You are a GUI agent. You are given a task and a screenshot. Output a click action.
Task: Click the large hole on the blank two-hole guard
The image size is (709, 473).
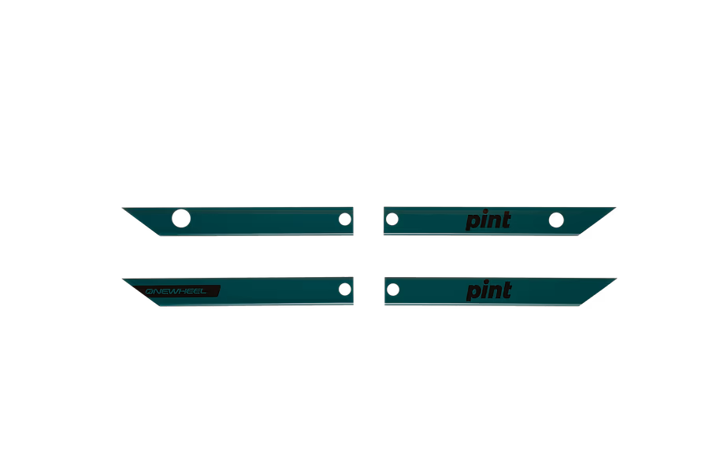(x=181, y=218)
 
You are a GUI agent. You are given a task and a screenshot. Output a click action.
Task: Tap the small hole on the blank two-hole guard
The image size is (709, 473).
(x=345, y=219)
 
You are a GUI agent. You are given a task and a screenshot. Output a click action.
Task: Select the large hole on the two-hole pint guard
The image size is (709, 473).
(x=556, y=220)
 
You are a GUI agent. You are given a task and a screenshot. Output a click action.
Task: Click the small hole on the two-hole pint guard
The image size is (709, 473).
(x=392, y=219)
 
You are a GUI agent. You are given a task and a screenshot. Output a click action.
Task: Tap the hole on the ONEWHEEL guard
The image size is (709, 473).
(x=345, y=289)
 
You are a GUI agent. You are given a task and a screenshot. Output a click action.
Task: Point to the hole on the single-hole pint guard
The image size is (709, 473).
(x=393, y=290)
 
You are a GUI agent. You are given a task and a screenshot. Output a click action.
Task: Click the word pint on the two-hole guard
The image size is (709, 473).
(x=488, y=220)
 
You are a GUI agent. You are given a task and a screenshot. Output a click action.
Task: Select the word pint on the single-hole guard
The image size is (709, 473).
(x=488, y=290)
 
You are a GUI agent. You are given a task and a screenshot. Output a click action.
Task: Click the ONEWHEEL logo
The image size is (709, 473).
(x=176, y=291)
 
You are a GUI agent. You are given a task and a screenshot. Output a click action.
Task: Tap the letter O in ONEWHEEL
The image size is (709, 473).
(x=149, y=291)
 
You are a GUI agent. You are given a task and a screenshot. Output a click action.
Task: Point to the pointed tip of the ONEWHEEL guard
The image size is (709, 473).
(x=123, y=279)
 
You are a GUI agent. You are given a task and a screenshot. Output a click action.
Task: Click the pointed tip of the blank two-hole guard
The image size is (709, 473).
(x=123, y=209)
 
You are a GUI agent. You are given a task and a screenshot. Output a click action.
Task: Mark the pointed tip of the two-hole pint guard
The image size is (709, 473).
(x=615, y=208)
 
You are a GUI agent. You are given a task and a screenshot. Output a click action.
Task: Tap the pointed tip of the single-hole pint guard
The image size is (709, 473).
(x=616, y=279)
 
